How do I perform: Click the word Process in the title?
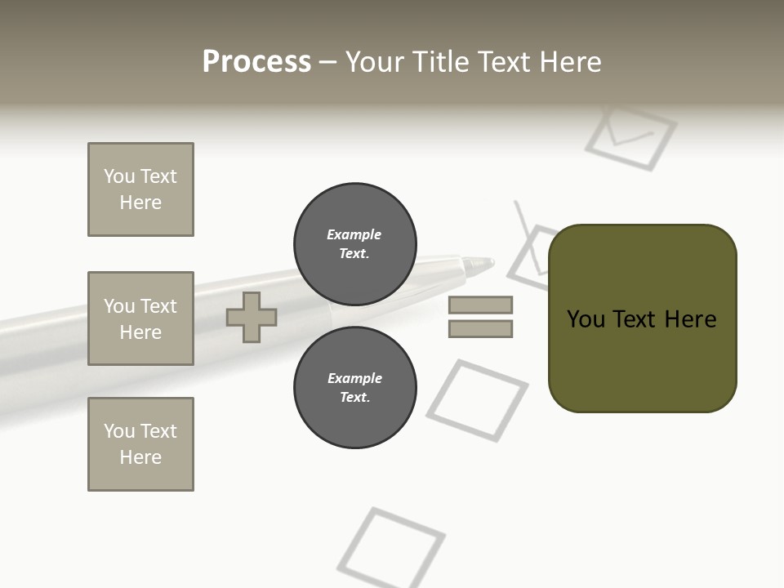click(x=256, y=61)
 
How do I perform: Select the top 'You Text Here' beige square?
click(x=140, y=189)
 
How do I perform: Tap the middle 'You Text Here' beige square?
click(x=140, y=318)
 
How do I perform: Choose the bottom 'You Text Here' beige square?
click(x=140, y=443)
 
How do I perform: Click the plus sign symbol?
click(x=252, y=317)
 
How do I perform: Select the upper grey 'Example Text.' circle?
click(x=354, y=243)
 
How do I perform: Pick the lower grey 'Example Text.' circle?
click(x=354, y=387)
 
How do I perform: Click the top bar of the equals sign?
click(x=480, y=305)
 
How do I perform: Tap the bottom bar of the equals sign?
click(x=480, y=328)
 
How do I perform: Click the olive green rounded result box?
click(x=642, y=359)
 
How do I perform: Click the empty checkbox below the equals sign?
click(x=477, y=400)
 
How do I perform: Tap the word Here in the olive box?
click(x=690, y=318)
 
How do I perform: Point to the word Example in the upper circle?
click(x=354, y=234)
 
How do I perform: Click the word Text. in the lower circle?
click(x=354, y=397)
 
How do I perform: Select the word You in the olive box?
click(x=586, y=318)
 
